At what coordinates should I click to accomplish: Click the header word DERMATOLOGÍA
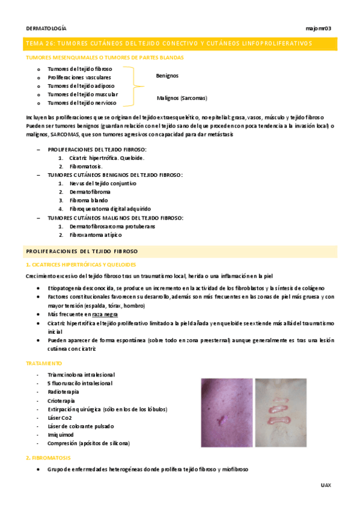coord(46,28)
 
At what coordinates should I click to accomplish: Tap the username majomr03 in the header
coord(319,28)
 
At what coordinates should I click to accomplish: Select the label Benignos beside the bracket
coord(167,76)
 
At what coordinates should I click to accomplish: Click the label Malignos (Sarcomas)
coord(182,97)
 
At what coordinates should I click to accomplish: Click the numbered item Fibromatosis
coord(86,166)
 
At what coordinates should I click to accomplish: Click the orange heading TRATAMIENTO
coord(44,364)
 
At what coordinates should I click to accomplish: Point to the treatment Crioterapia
coord(63,400)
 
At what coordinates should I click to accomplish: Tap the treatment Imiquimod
coord(61,434)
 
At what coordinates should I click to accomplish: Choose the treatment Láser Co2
coord(59,417)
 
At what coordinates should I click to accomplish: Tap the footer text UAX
coord(325,484)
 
